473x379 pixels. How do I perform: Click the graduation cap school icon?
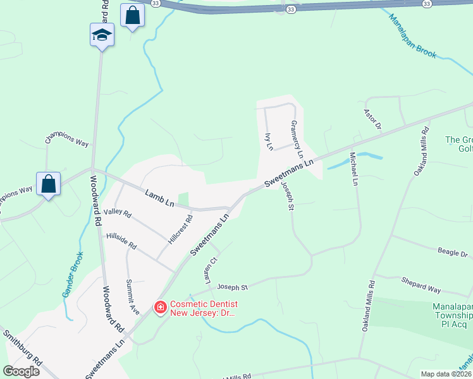click(x=102, y=35)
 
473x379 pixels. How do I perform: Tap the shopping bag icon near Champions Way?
click(x=48, y=184)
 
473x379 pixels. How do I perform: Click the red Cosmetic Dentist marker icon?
click(x=161, y=307)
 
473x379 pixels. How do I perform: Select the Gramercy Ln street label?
click(x=297, y=139)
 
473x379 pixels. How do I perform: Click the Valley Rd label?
click(x=118, y=214)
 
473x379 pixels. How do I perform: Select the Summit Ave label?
click(x=132, y=297)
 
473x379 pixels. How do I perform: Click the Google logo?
click(x=21, y=371)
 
